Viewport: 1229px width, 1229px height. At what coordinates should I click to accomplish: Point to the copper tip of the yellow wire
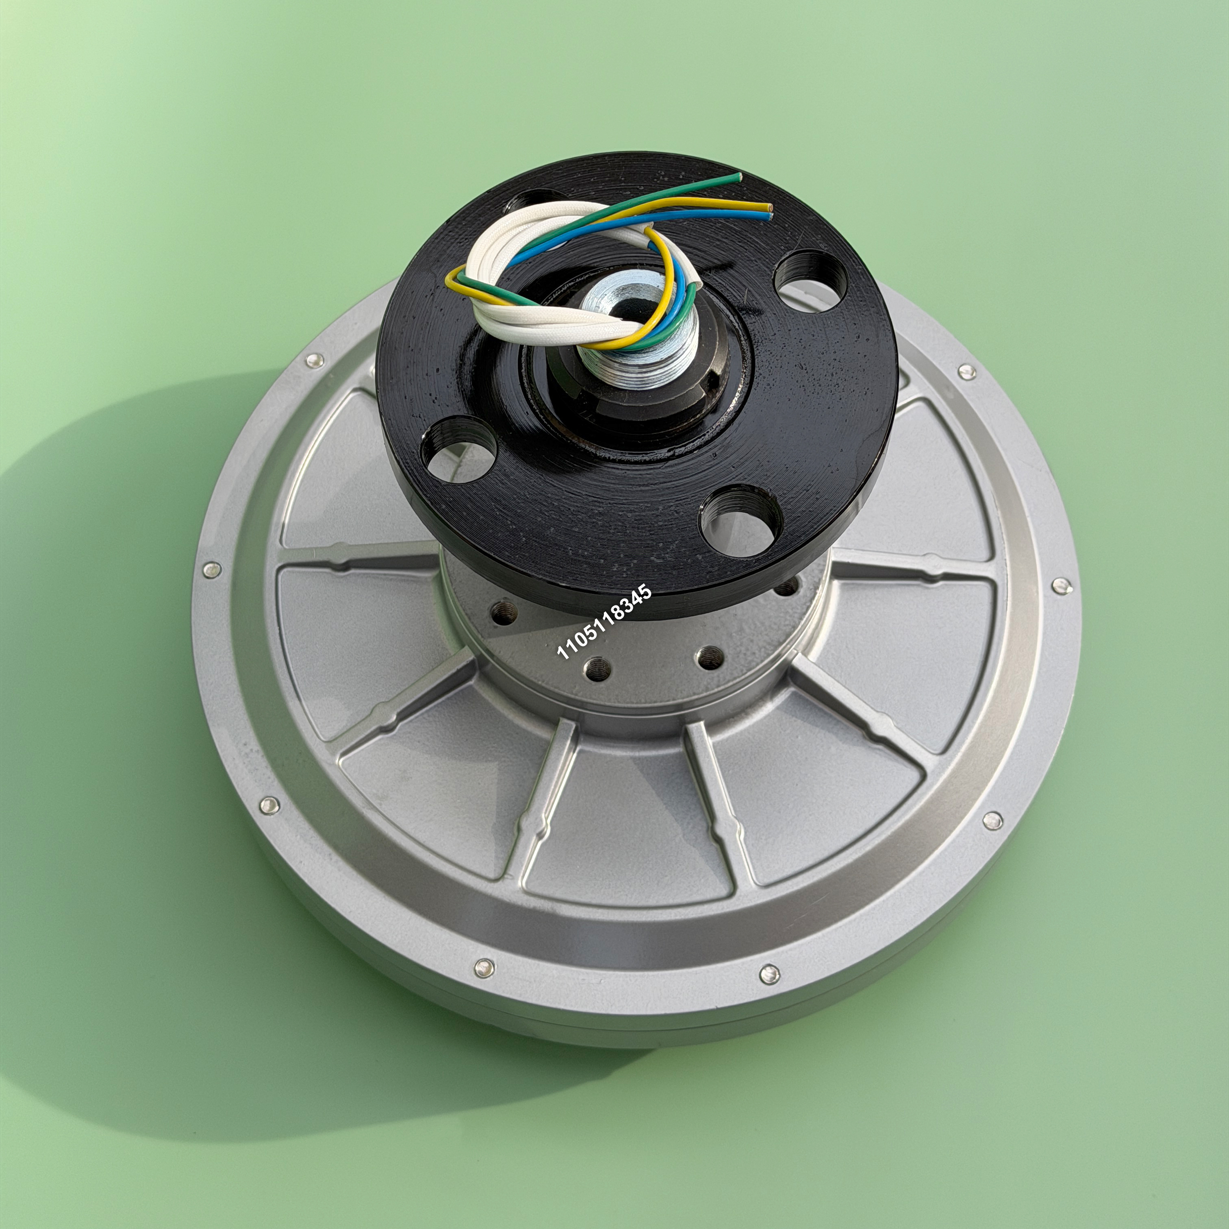tap(770, 207)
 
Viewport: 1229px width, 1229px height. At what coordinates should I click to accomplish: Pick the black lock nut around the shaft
tap(636, 388)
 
